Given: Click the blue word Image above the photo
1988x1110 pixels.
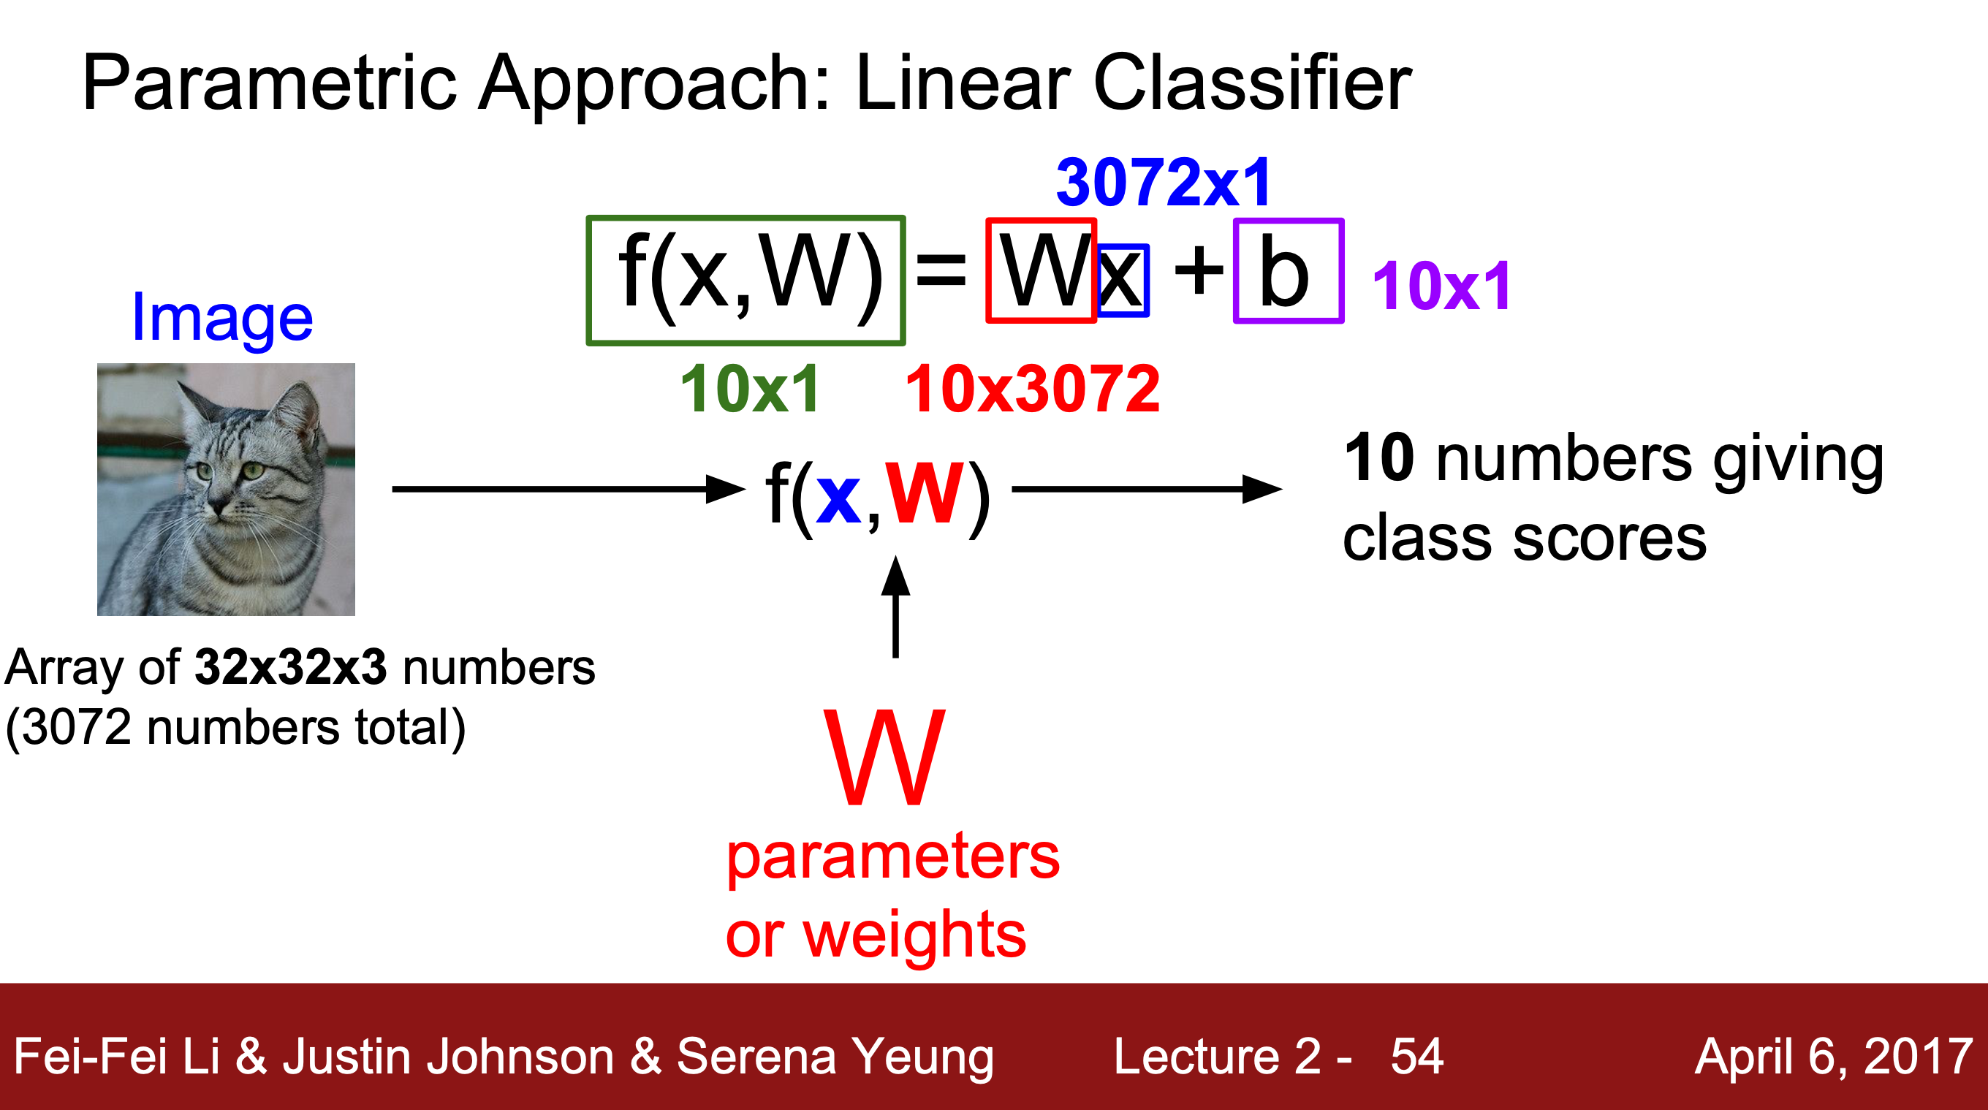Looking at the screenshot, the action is (x=222, y=319).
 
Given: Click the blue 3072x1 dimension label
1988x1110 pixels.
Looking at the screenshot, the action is (x=1163, y=183).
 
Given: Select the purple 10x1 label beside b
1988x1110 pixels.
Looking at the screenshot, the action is (x=1441, y=286).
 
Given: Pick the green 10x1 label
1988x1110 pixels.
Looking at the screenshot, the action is (x=749, y=389).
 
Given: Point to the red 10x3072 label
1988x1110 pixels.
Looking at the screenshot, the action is (x=1032, y=389).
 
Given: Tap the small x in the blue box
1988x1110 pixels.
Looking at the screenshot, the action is (x=1121, y=279).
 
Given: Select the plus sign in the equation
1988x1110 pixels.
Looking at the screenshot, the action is (x=1199, y=272).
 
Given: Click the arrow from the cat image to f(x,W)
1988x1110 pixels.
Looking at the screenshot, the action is (x=567, y=489).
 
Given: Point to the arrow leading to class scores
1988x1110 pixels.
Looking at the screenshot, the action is (x=1146, y=489).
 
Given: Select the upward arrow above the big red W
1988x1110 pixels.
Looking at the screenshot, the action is (x=895, y=607).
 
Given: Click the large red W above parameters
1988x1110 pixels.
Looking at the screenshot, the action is (x=884, y=758).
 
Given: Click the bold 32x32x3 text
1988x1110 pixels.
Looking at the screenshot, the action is (x=290, y=667).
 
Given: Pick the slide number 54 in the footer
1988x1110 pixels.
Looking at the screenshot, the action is (x=1417, y=1056).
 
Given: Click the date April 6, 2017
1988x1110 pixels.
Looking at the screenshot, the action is (x=1833, y=1056).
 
